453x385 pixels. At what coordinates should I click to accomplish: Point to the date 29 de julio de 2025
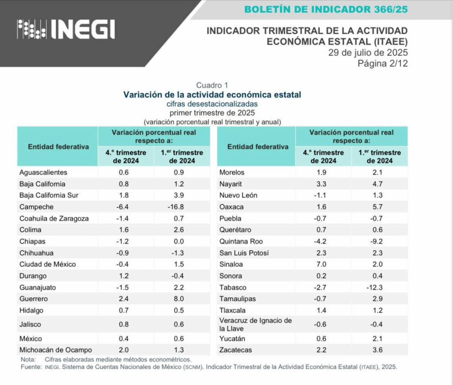pos(368,53)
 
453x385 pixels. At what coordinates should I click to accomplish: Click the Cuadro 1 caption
pos(212,85)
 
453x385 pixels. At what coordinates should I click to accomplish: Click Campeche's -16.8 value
pos(182,207)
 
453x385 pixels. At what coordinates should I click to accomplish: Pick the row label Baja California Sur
pos(49,195)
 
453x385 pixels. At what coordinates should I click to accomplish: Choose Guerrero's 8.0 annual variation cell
pos(182,299)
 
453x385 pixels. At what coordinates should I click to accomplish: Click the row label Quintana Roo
pos(241,241)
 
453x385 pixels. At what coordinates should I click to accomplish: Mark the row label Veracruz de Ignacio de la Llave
pos(255,324)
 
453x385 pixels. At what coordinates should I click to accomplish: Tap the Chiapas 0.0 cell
pos(182,241)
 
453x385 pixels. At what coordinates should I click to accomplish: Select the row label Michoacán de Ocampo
pos(55,350)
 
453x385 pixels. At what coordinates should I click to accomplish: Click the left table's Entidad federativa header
pos(58,147)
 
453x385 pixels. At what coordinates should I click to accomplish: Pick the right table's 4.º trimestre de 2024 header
pos(323,156)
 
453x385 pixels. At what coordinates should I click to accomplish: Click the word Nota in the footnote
pos(28,360)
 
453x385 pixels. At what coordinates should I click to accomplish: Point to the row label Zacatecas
pos(235,350)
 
